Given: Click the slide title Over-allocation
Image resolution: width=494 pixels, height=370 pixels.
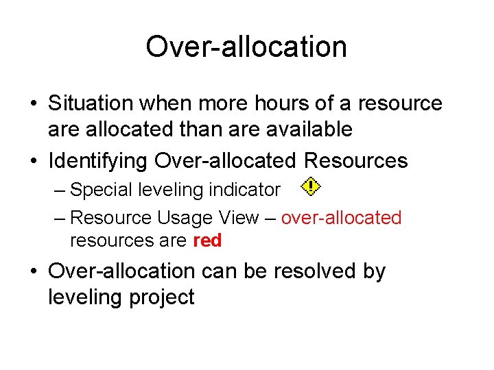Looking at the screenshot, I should pos(246,47).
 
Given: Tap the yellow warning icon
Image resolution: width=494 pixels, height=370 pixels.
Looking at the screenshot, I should pos(311,186).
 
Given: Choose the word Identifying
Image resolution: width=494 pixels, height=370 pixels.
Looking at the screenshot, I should pos(97,161).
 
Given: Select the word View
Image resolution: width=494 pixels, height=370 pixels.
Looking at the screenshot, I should pos(239,218).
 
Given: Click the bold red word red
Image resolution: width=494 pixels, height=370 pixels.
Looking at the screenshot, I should pos(207,241).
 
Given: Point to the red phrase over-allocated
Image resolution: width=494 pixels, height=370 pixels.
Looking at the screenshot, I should pos(341,218).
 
